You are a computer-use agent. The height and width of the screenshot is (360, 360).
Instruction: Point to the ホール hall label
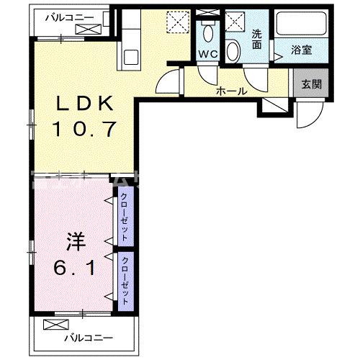[232, 91]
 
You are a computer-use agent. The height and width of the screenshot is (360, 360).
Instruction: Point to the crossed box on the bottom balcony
[54, 324]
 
